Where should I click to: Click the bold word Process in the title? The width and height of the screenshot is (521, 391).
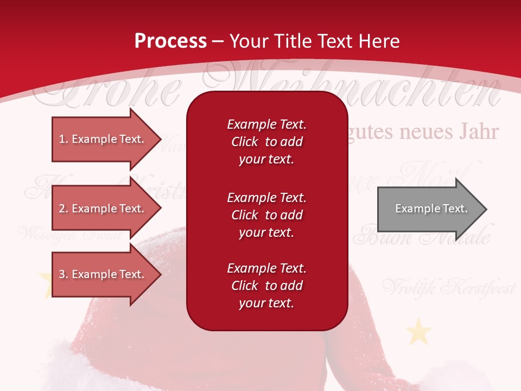170,41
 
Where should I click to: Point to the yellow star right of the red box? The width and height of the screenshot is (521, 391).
418,332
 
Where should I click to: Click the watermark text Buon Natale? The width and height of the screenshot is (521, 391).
422,238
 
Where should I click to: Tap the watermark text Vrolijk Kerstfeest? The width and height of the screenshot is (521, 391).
448,287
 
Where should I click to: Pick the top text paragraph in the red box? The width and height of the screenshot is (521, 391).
266,142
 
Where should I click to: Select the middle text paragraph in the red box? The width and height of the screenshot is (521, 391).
266,215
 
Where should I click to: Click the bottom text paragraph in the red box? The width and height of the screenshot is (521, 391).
266,286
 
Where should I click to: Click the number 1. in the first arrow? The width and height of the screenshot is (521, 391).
63,139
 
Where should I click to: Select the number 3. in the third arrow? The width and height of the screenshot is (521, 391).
63,274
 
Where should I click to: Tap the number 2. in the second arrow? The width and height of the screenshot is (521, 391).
63,209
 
